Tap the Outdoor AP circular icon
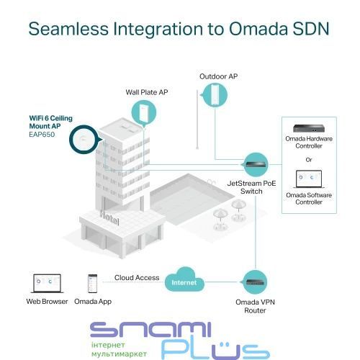215,95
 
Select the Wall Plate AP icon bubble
144,113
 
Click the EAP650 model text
42,135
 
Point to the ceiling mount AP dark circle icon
84,140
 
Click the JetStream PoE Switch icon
256,165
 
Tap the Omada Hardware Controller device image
309,128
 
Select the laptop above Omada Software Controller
309,179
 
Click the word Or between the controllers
309,160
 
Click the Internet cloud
184,279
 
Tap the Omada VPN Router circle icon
255,282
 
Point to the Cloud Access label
137,278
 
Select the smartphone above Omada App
93,284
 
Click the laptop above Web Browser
48,284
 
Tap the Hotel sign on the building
109,217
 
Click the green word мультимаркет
119,354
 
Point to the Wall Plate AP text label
147,92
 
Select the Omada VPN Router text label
255,306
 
